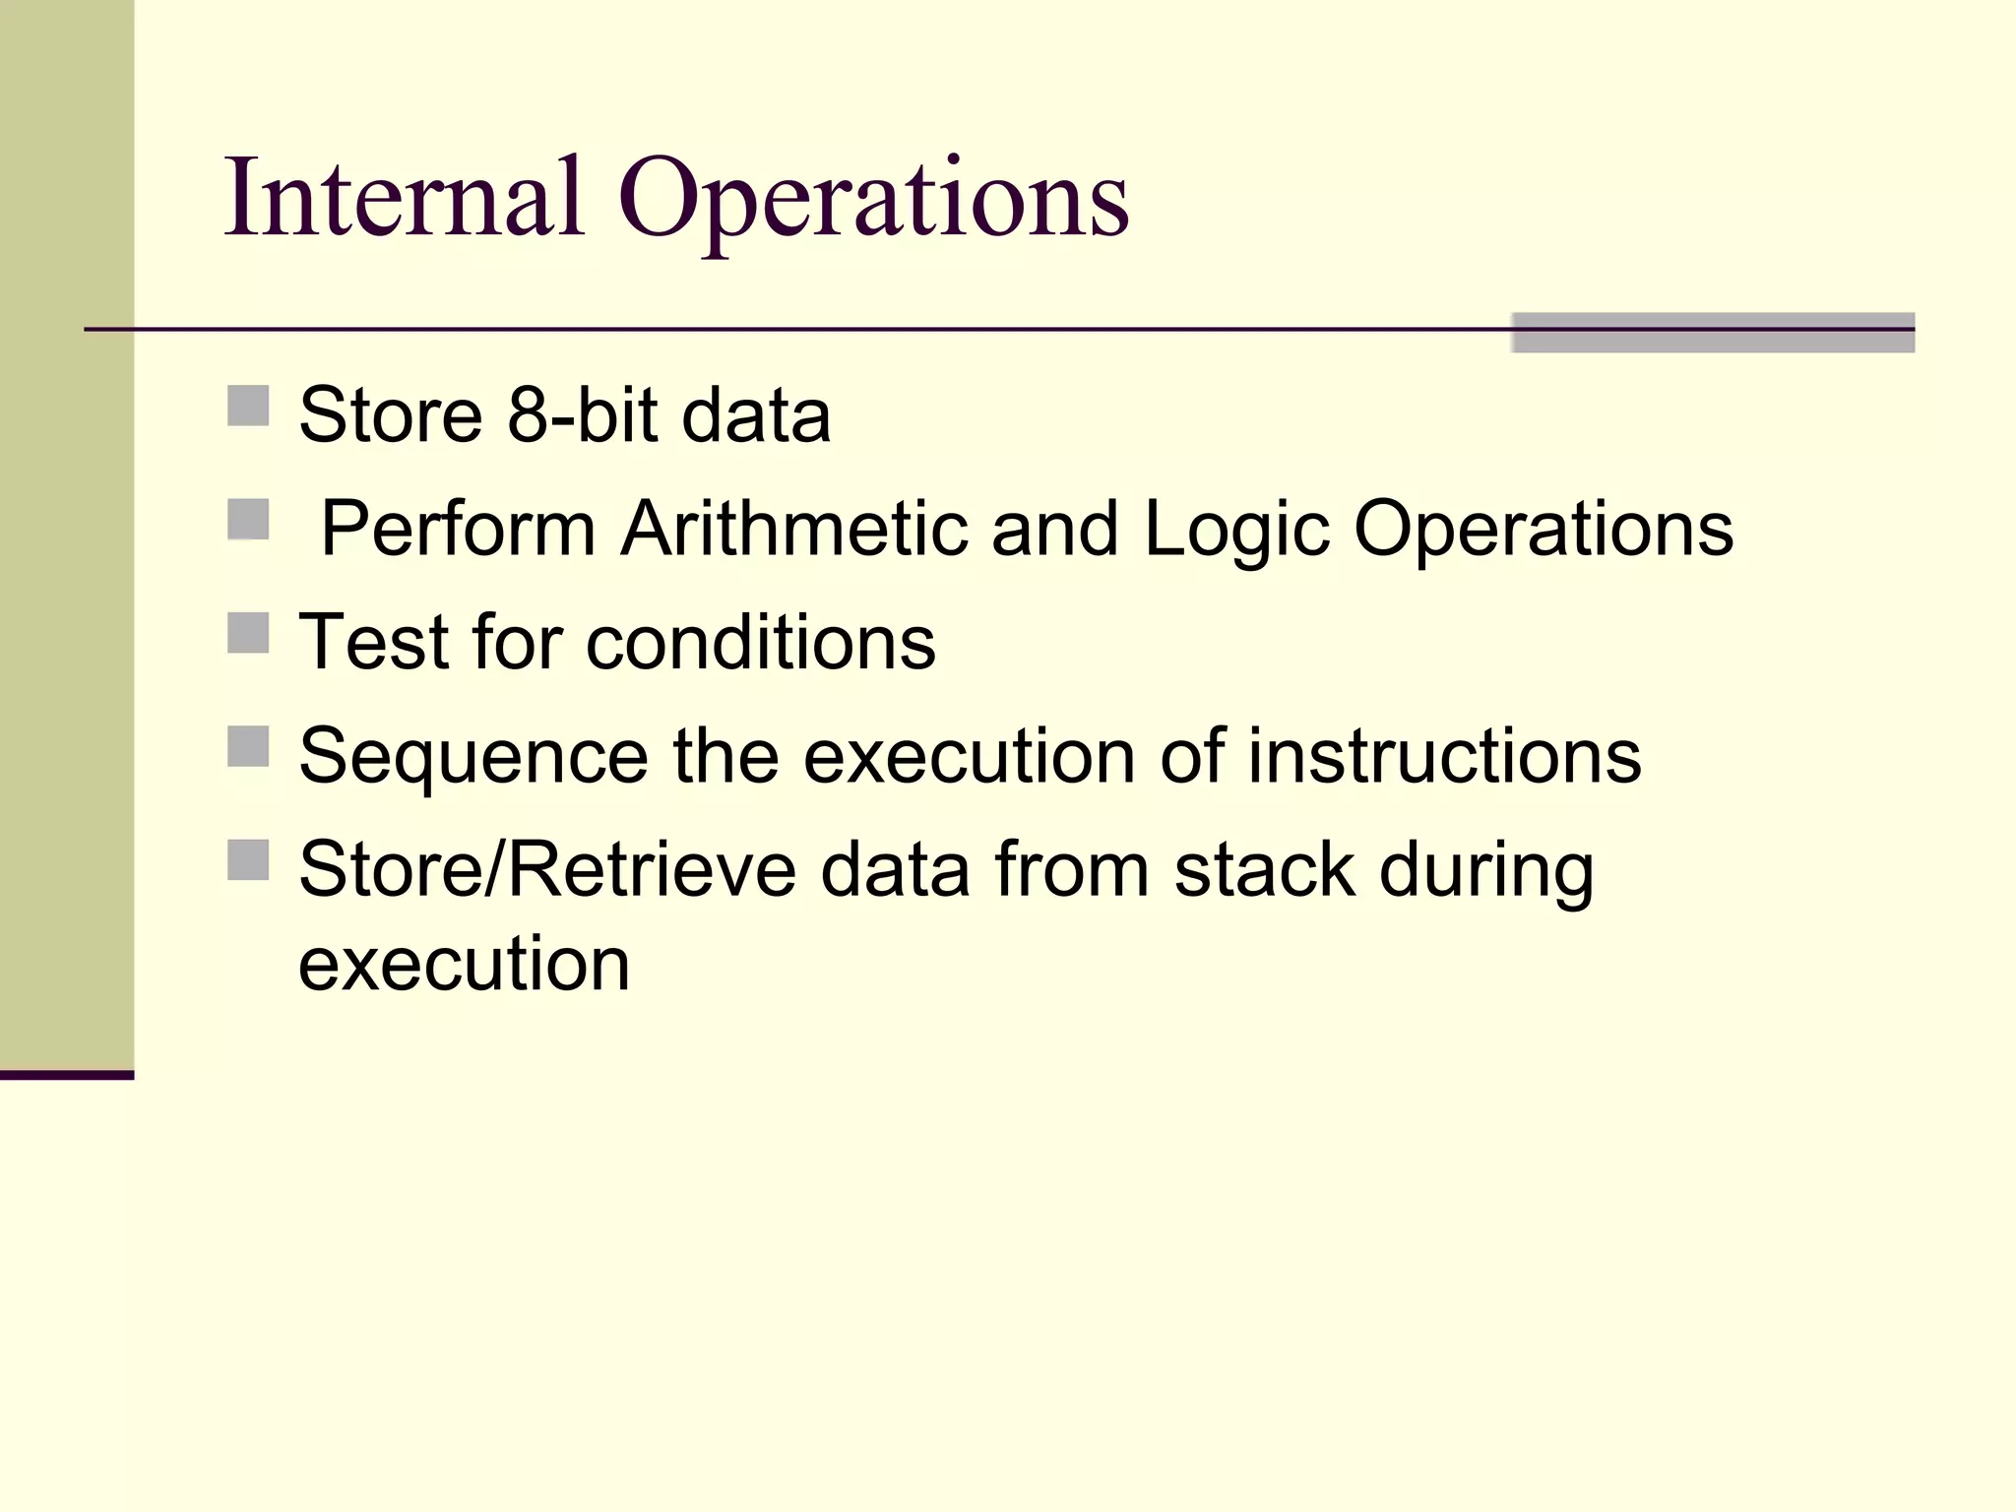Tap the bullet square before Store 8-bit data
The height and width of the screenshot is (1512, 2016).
(x=248, y=406)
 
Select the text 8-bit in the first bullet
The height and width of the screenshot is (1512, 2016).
(x=582, y=414)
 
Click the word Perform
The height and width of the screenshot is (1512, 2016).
(x=459, y=529)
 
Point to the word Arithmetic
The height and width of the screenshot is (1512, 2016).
(x=794, y=529)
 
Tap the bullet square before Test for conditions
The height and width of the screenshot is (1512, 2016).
(x=248, y=633)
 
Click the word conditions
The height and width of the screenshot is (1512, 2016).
(x=761, y=642)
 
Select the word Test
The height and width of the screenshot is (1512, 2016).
(x=374, y=642)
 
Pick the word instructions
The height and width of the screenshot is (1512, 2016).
(x=1444, y=756)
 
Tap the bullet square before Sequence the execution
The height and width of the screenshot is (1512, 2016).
(x=248, y=746)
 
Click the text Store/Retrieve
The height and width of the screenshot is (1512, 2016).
(x=547, y=870)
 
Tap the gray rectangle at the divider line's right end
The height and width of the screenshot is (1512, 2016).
(x=1713, y=333)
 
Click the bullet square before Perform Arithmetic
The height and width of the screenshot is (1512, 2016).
(x=248, y=520)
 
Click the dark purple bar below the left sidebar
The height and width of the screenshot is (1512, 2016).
(x=67, y=1075)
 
